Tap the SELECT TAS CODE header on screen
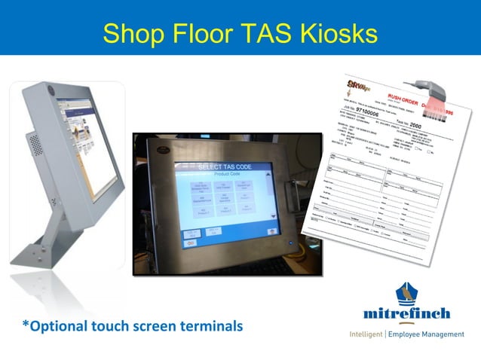pos(224,166)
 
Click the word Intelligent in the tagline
pos(366,334)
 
